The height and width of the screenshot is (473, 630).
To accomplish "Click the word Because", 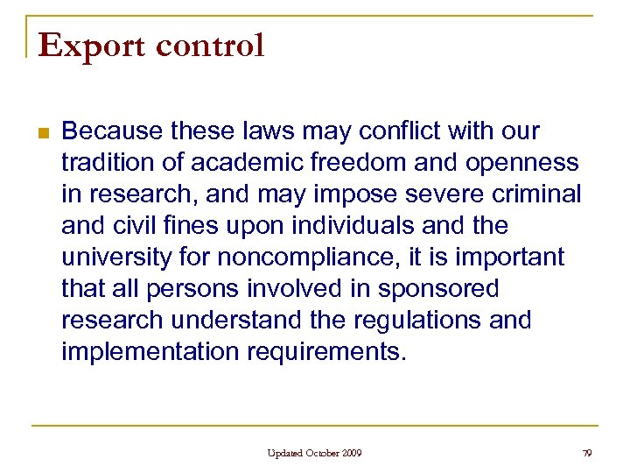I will tap(111, 131).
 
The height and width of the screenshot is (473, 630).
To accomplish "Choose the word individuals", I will tap(342, 226).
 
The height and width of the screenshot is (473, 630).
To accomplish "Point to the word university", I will tap(115, 258).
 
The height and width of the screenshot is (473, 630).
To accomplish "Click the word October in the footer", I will tap(322, 453).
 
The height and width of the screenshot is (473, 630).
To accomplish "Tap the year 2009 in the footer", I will tap(352, 453).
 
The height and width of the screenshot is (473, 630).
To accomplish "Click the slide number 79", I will tap(587, 453).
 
